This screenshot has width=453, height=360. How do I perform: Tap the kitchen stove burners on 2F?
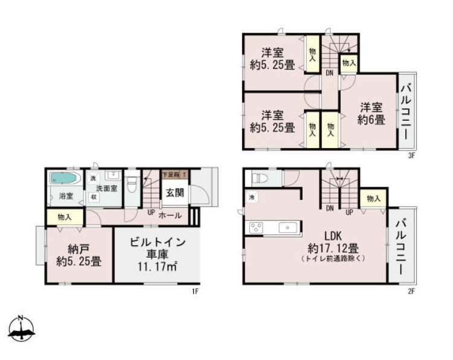(x=255, y=228)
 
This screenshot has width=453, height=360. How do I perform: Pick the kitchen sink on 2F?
(x=288, y=228)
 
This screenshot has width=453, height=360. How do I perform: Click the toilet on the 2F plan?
(x=259, y=178)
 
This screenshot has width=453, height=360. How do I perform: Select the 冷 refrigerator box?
(x=251, y=197)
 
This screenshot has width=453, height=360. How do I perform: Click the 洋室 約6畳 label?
(x=370, y=114)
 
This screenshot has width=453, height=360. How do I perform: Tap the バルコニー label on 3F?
(x=406, y=112)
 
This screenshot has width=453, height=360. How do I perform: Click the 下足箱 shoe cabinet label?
(x=172, y=175)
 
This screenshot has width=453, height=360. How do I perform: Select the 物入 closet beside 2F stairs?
(x=373, y=199)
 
